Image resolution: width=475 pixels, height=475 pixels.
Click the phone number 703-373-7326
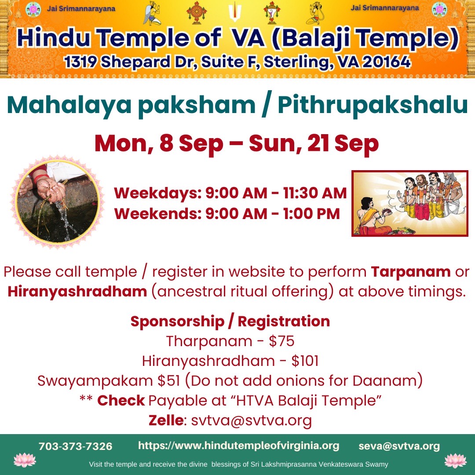tap(76, 446)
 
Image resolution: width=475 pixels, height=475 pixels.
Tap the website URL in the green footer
tap(238, 446)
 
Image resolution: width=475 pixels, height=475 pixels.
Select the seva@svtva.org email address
tap(399, 446)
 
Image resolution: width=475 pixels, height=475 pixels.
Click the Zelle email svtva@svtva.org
tap(252, 420)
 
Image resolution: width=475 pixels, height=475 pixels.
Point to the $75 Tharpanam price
tap(281, 341)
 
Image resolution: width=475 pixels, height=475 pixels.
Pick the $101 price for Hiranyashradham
tap(305, 361)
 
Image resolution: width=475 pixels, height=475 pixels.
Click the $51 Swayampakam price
tap(169, 381)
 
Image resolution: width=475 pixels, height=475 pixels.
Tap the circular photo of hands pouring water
tap(57, 202)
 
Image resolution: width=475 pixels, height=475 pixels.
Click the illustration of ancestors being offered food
tap(410, 203)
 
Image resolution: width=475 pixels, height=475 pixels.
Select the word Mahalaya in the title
tap(69, 106)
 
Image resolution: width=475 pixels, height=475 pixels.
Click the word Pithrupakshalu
tap(373, 106)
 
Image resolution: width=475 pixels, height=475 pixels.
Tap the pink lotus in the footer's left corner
tap(25, 460)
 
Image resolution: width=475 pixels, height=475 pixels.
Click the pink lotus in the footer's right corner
tap(455, 461)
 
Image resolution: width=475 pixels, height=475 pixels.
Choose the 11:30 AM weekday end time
tap(315, 193)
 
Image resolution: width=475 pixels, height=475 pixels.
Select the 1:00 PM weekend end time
tap(311, 214)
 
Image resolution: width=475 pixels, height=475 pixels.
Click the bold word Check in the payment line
tap(121, 401)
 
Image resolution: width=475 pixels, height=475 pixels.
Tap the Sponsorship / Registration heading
tap(230, 322)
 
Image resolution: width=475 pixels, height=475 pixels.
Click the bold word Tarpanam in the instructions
tap(411, 272)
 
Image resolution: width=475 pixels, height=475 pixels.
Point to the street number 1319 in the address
tap(80, 62)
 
